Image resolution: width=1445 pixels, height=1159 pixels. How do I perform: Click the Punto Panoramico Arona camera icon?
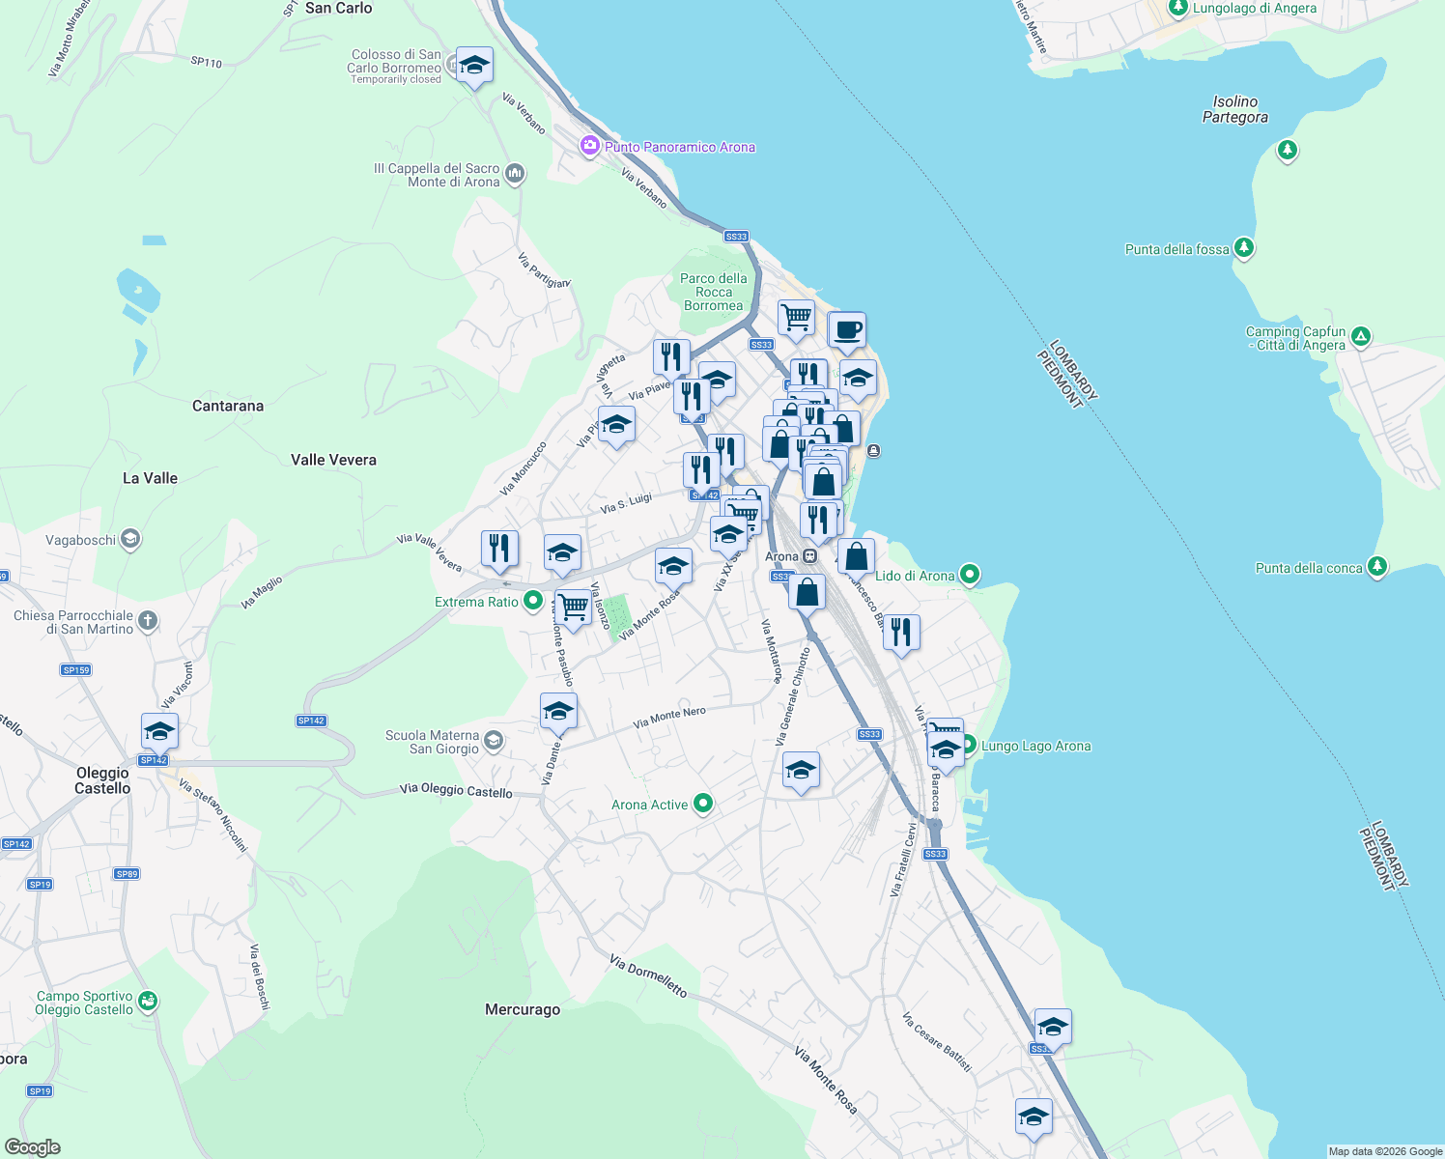click(x=589, y=146)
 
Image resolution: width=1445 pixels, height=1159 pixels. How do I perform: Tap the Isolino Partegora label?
click(x=1234, y=109)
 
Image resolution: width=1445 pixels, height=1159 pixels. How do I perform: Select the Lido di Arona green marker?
click(x=970, y=575)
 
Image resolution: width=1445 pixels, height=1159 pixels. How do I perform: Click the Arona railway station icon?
click(x=810, y=556)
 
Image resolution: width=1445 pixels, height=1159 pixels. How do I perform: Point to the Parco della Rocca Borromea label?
click(x=713, y=292)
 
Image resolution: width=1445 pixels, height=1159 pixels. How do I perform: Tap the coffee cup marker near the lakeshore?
click(x=847, y=330)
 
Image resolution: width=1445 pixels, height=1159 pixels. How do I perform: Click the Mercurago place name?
click(x=522, y=1009)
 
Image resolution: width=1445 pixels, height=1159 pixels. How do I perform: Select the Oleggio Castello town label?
click(x=102, y=780)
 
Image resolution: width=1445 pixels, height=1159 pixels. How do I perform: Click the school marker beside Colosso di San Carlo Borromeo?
click(x=473, y=66)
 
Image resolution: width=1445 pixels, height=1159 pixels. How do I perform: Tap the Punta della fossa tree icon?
click(x=1244, y=248)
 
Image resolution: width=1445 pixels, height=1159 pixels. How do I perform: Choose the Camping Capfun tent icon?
click(x=1360, y=337)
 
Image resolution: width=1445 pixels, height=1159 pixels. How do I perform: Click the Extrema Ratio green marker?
click(x=532, y=601)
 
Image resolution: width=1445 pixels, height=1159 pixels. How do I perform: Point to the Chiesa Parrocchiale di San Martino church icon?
click(x=148, y=620)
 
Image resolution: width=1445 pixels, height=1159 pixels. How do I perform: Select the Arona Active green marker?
click(x=703, y=804)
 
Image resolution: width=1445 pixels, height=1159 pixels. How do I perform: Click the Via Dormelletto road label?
click(x=648, y=975)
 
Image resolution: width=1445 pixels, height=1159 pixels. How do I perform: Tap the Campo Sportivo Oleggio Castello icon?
click(x=148, y=1001)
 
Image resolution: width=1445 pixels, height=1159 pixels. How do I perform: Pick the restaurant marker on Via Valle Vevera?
click(x=499, y=549)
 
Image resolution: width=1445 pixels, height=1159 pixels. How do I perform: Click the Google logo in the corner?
click(x=33, y=1146)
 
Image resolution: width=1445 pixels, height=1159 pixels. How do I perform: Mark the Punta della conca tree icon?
click(x=1377, y=567)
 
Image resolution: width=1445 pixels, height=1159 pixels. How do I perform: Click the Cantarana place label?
click(x=228, y=406)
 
